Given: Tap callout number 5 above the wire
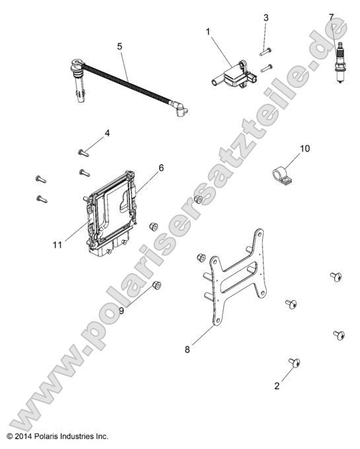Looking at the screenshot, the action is pos(120,46).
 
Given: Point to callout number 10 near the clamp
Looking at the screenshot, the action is pos(305,149).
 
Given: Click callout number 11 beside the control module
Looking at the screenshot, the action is pos(57,245).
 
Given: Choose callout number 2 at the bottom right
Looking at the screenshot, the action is pos(277,386).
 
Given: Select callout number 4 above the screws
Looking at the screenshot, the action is pos(107,133).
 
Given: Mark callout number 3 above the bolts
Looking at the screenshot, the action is pos(266,18).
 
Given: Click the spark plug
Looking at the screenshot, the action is pos(341,63).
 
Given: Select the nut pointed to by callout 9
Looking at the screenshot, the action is pos(157,285).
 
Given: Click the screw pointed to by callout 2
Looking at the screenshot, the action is pos(295,362).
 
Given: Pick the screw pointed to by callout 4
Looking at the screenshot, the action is pos(83,153).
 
